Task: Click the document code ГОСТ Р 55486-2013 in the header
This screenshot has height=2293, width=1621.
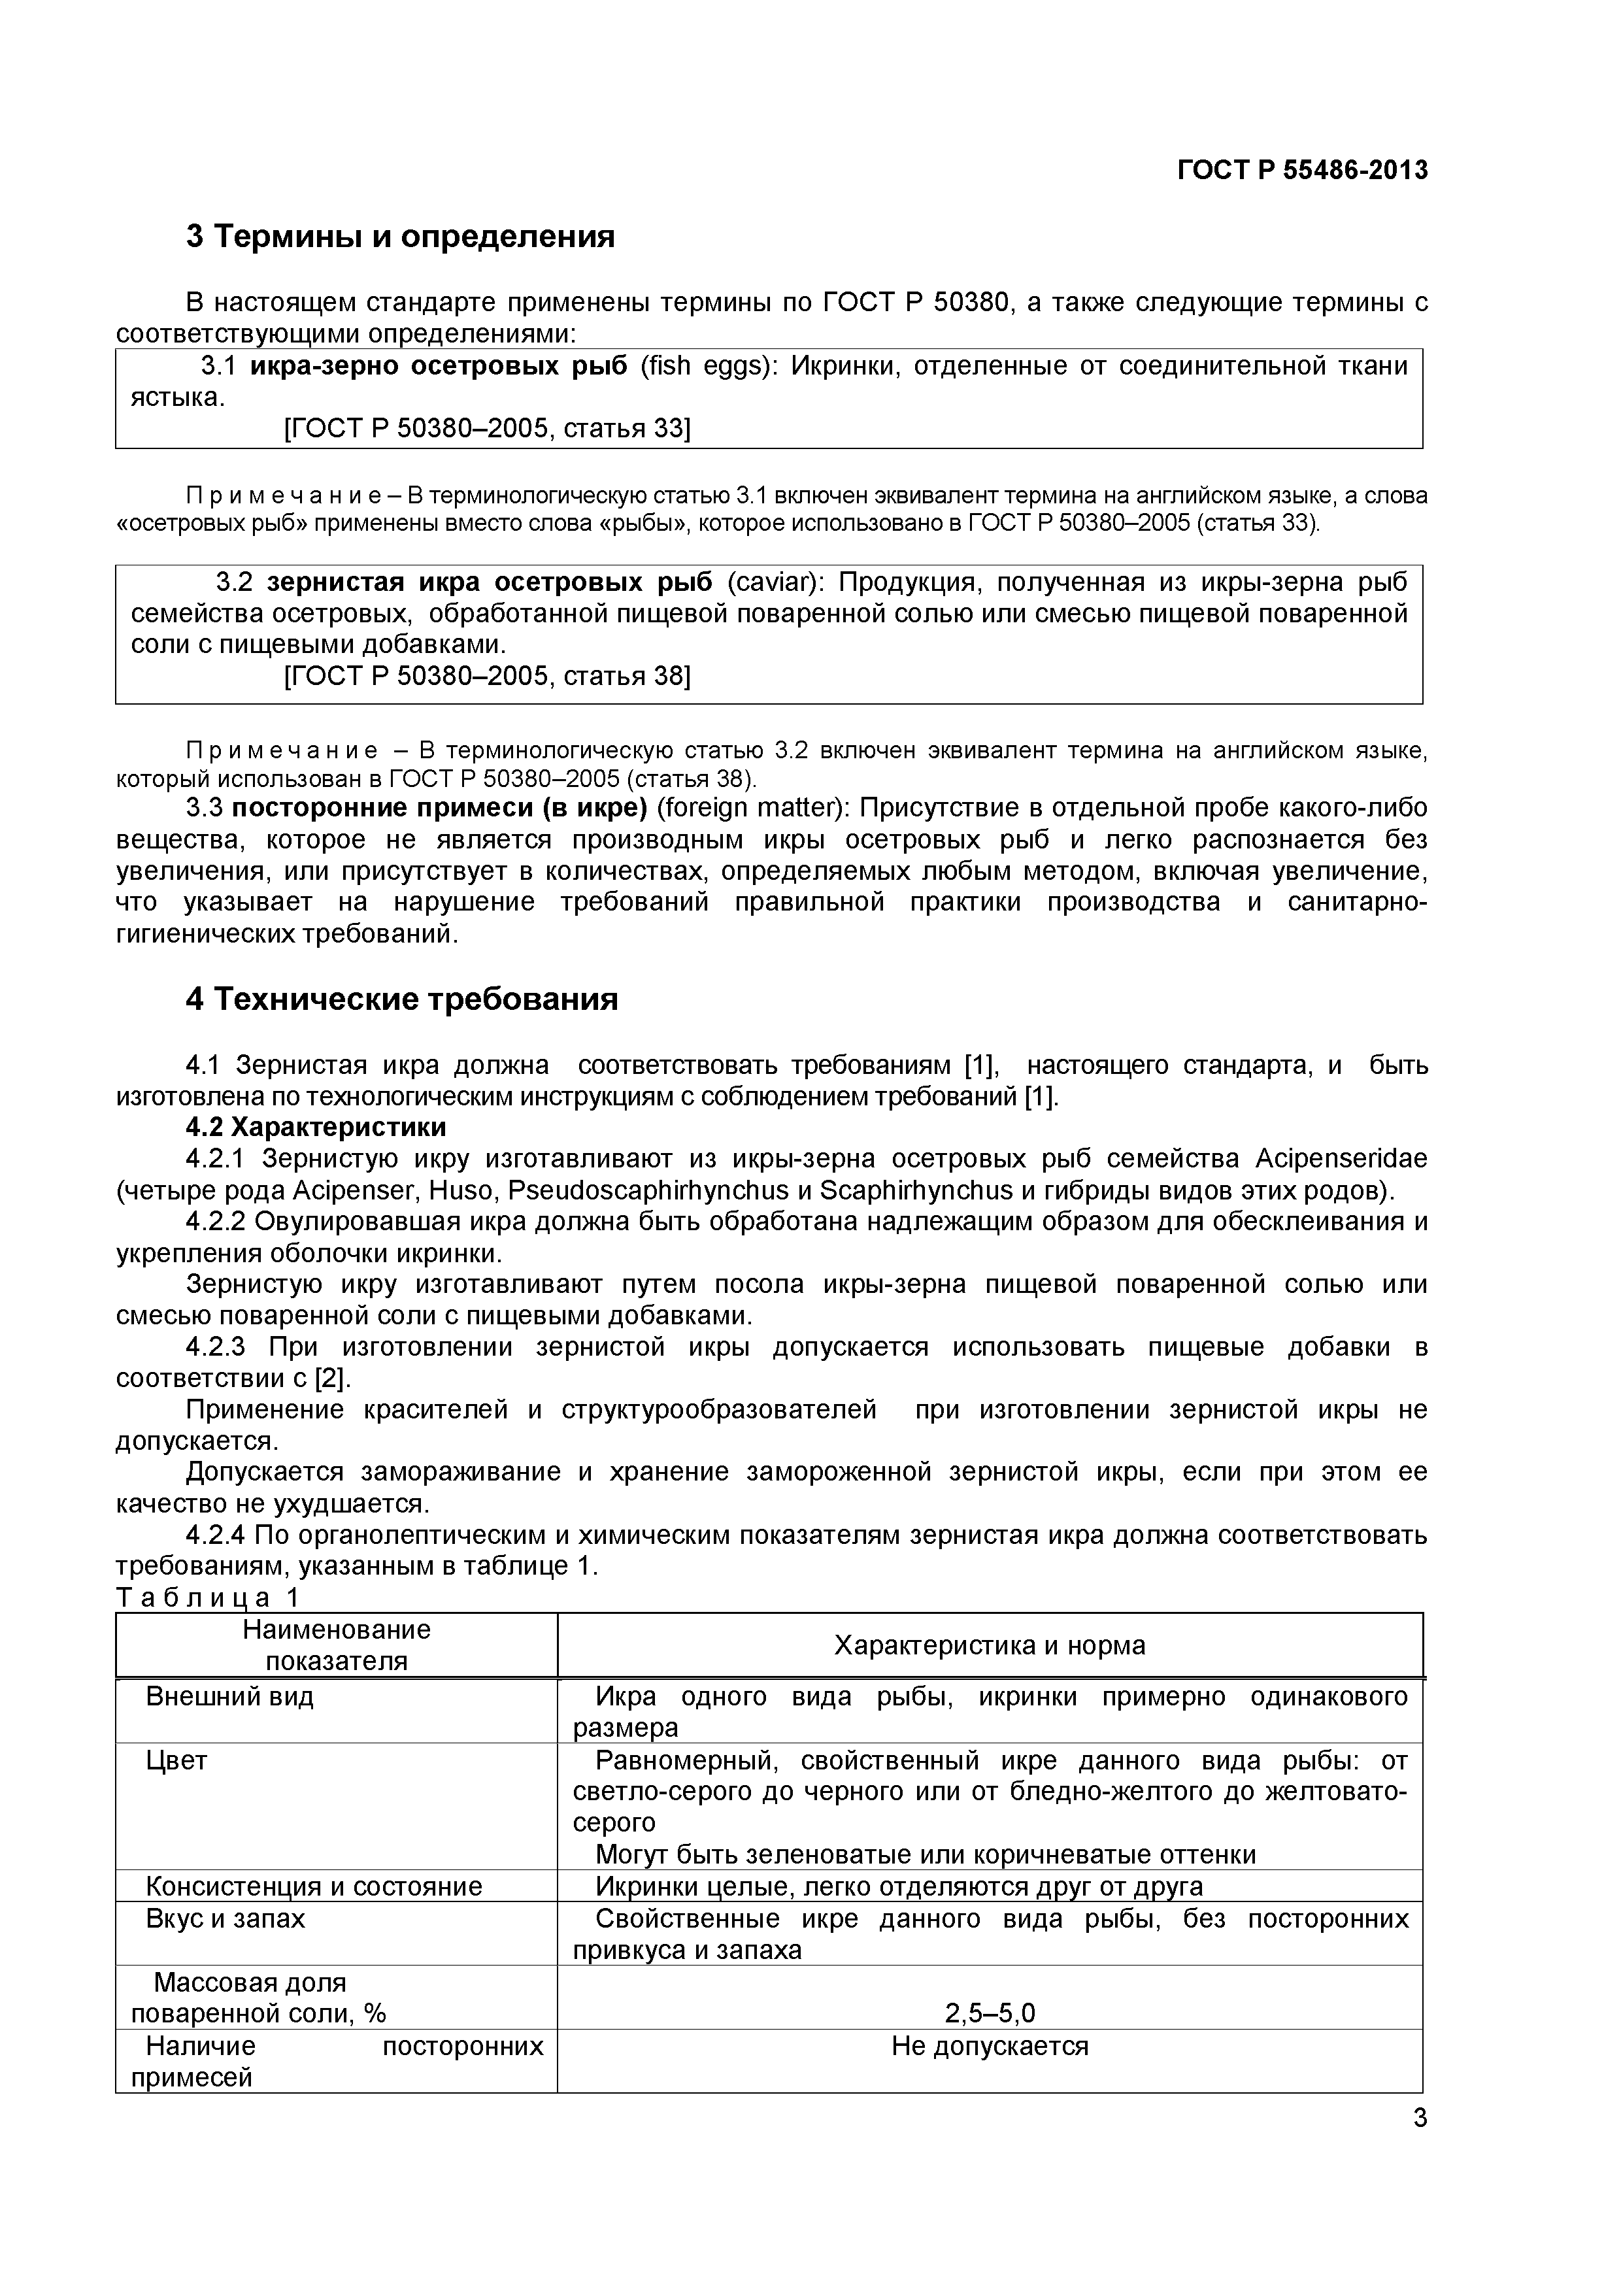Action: [1303, 171]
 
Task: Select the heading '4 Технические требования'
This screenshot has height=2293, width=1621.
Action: [401, 999]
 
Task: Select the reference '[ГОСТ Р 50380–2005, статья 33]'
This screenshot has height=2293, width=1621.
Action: [488, 428]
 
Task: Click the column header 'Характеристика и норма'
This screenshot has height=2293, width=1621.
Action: [989, 1646]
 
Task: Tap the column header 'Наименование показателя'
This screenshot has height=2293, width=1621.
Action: [337, 1646]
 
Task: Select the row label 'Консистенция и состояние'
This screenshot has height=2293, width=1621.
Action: [314, 1886]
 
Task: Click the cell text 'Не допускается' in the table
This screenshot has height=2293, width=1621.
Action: [989, 2047]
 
